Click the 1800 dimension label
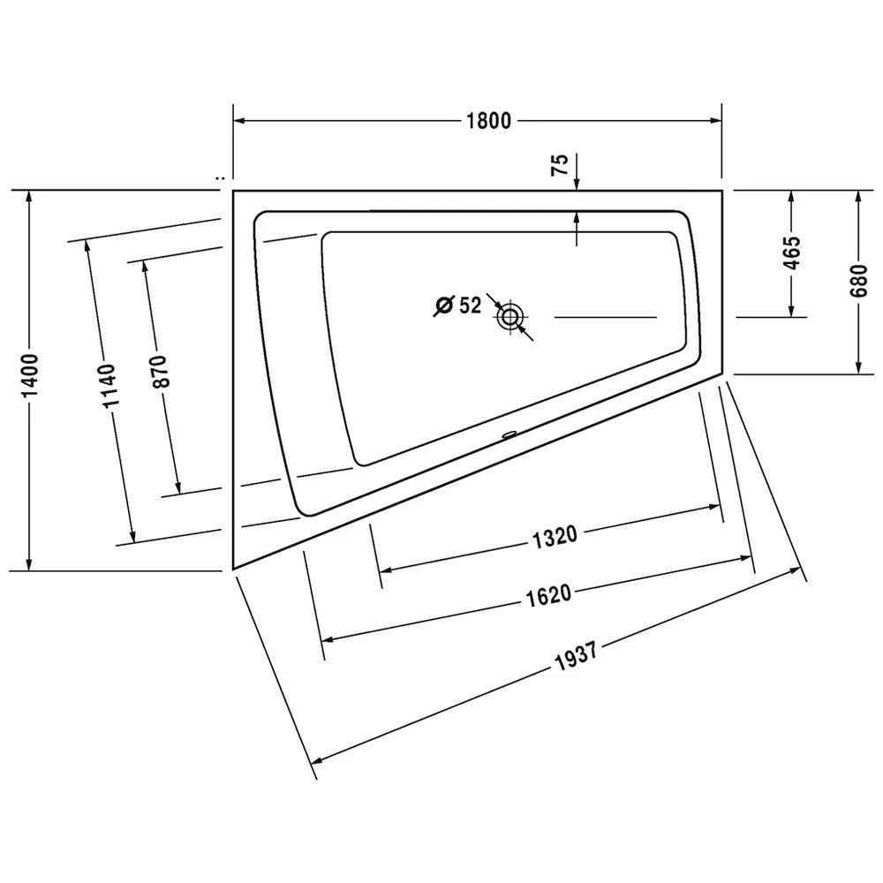[488, 121]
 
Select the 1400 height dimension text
[30, 377]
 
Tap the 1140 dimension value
[109, 387]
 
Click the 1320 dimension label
[555, 536]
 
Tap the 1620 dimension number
[547, 595]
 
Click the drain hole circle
[509, 316]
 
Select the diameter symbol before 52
[444, 306]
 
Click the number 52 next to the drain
[470, 306]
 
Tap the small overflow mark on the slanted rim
[509, 434]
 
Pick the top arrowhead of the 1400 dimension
[30, 197]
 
